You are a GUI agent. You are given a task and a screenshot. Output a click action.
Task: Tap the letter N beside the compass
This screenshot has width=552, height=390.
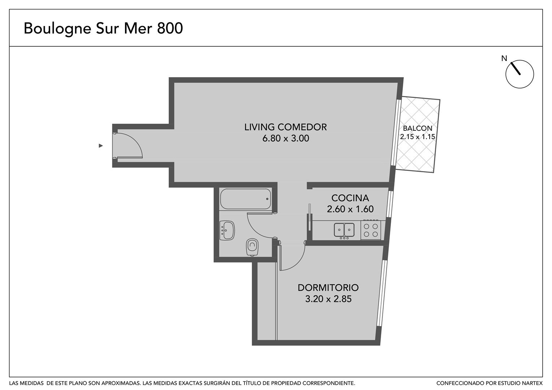504,58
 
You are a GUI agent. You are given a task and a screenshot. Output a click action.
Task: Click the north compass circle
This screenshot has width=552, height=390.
519,74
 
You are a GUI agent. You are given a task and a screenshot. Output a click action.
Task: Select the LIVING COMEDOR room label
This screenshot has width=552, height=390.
286,127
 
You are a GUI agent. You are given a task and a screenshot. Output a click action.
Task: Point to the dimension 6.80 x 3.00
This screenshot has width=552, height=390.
286,138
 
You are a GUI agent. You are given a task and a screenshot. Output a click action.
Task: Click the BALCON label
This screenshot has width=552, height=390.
418,128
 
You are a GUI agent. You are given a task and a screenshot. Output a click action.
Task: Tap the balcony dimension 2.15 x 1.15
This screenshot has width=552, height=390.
418,137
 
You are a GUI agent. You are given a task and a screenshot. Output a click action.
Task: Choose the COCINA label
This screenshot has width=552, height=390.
350,198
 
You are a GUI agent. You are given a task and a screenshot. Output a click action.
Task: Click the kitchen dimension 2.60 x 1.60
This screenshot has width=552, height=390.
350,209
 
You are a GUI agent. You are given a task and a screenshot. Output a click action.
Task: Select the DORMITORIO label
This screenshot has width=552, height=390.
328,288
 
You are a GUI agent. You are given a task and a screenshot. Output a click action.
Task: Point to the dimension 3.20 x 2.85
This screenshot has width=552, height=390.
328,299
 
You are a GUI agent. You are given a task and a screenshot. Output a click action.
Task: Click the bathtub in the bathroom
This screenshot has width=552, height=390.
245,199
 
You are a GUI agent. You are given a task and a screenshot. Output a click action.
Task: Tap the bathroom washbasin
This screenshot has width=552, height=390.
227,230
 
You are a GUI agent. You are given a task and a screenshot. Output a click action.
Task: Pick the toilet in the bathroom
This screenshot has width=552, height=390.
252,247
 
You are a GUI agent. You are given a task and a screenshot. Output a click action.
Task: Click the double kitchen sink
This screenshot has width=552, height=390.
344,230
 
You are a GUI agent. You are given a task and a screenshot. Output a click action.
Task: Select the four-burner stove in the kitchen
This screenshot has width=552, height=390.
371,230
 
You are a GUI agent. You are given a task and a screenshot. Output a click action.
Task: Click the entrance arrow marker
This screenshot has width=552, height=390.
100,146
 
